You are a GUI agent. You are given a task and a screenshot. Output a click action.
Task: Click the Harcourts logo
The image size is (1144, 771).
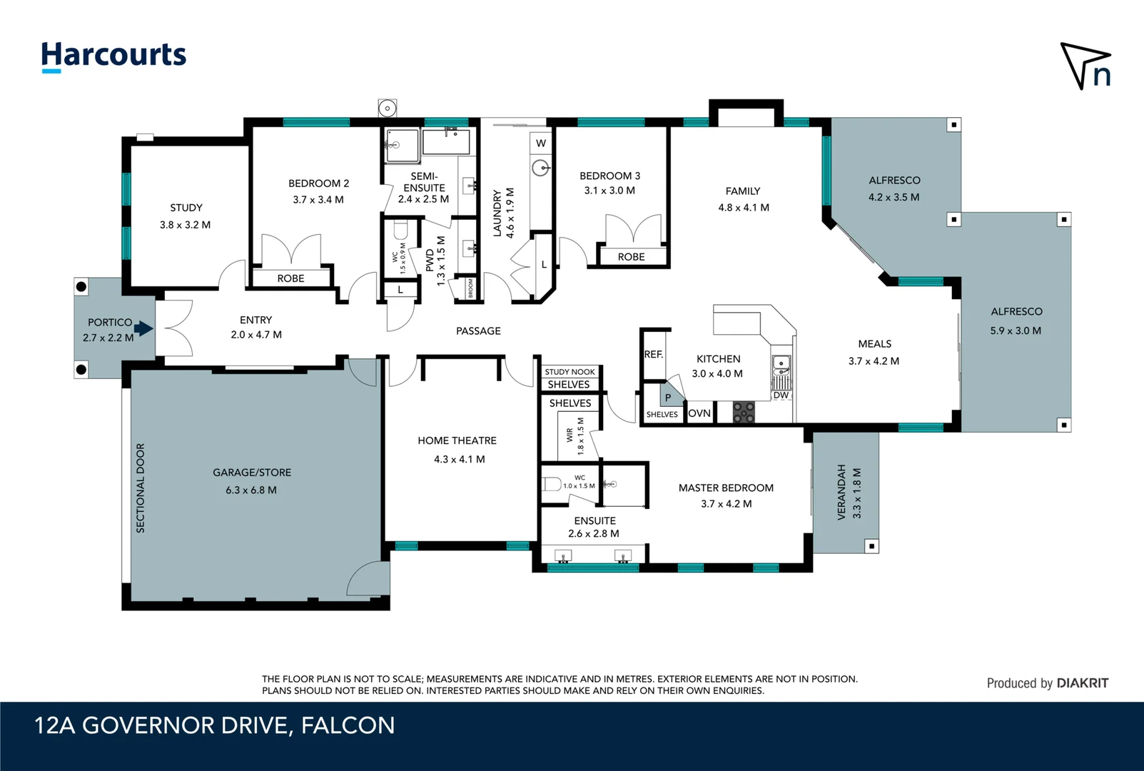click(x=114, y=56)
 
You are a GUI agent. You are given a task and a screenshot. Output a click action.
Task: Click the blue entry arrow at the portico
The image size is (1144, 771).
click(x=143, y=328)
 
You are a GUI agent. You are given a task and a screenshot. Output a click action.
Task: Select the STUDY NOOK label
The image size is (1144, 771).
click(x=570, y=372)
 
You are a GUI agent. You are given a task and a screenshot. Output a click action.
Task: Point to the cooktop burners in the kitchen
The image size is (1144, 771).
click(x=744, y=413)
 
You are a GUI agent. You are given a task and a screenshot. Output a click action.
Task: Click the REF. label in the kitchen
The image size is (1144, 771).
click(x=653, y=354)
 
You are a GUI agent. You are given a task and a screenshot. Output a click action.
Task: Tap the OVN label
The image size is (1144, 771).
click(x=699, y=413)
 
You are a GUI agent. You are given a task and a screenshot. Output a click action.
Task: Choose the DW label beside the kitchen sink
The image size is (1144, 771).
click(x=780, y=395)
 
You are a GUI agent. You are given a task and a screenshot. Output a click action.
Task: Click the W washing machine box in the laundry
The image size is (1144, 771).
click(x=541, y=143)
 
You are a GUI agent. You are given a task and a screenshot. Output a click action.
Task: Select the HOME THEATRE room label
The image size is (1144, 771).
click(x=457, y=440)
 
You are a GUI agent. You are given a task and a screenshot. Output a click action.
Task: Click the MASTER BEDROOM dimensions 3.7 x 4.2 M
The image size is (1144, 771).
click(x=727, y=504)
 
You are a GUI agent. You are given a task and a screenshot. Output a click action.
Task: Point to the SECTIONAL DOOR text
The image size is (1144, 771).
click(x=141, y=488)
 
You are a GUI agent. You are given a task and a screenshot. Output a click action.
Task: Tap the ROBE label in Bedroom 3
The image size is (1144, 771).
click(x=632, y=257)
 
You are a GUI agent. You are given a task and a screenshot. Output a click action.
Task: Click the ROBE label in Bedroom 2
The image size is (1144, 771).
click(x=290, y=278)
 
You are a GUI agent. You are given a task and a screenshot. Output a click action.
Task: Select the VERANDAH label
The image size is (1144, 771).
click(x=841, y=492)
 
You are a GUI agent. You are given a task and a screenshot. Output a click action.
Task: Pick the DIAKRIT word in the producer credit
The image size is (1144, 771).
click(x=1083, y=683)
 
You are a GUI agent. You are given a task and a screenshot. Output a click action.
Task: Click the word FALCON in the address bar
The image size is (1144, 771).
click(x=348, y=725)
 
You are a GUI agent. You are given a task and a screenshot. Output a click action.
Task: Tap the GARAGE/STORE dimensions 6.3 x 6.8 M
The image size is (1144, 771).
click(x=251, y=490)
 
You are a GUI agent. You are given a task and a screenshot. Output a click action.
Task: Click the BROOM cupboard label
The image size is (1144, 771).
click(x=470, y=288)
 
